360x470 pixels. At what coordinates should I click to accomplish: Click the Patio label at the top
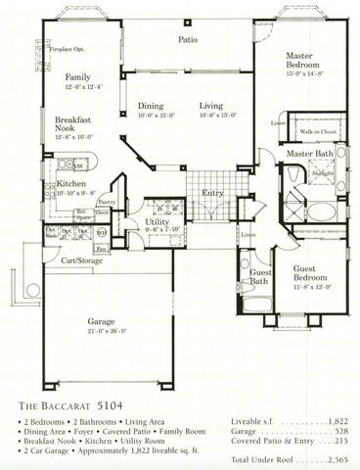coord(188,41)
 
